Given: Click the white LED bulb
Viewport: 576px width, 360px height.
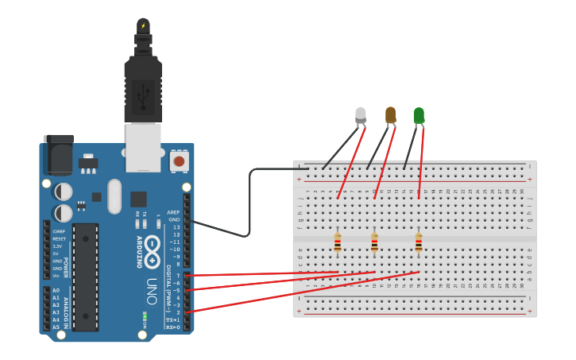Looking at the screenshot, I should (361, 115).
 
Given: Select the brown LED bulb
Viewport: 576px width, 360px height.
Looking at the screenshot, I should (390, 114).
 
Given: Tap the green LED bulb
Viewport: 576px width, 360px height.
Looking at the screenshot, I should (419, 115).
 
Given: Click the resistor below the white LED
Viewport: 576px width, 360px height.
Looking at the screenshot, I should (338, 242).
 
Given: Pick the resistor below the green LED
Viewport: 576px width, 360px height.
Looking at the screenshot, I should (419, 242).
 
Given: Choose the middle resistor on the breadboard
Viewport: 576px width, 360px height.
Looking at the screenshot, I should (374, 242).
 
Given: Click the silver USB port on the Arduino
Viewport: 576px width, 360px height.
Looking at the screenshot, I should (143, 148).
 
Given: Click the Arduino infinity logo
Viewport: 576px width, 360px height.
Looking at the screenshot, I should (152, 246).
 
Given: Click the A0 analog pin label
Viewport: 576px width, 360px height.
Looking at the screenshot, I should (56, 290).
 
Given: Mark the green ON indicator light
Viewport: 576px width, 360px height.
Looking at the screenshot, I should (144, 319).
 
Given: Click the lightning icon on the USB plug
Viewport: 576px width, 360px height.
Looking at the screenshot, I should (143, 26).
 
